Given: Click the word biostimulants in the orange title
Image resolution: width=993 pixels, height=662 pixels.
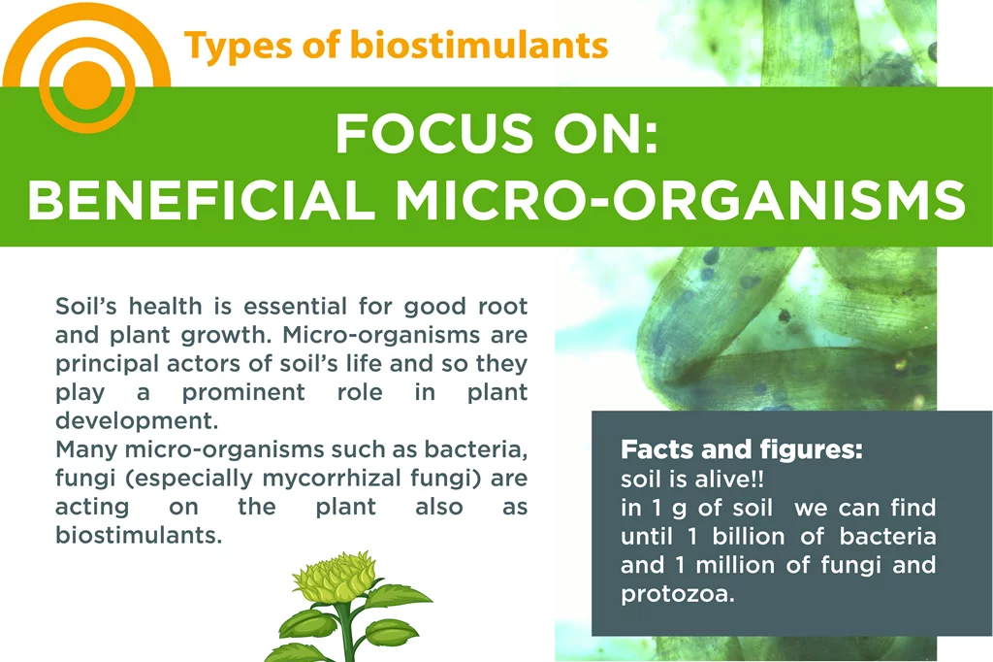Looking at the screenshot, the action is (479, 45).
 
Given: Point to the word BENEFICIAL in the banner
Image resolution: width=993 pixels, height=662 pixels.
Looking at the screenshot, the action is (201, 200).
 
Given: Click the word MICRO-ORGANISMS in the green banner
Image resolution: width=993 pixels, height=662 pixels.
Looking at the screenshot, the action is (680, 200).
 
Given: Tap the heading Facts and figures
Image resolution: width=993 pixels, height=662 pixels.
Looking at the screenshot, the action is (742, 449).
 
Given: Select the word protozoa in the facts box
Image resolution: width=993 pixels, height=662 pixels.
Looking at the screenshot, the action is (678, 594).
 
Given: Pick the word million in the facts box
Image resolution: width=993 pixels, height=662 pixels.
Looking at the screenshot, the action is (735, 565).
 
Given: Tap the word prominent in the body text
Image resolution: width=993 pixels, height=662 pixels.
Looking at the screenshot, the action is (243, 392).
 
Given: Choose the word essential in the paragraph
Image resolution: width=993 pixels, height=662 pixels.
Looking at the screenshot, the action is (295, 306).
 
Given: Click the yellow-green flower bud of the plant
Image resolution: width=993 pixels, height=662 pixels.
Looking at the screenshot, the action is (335, 577).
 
